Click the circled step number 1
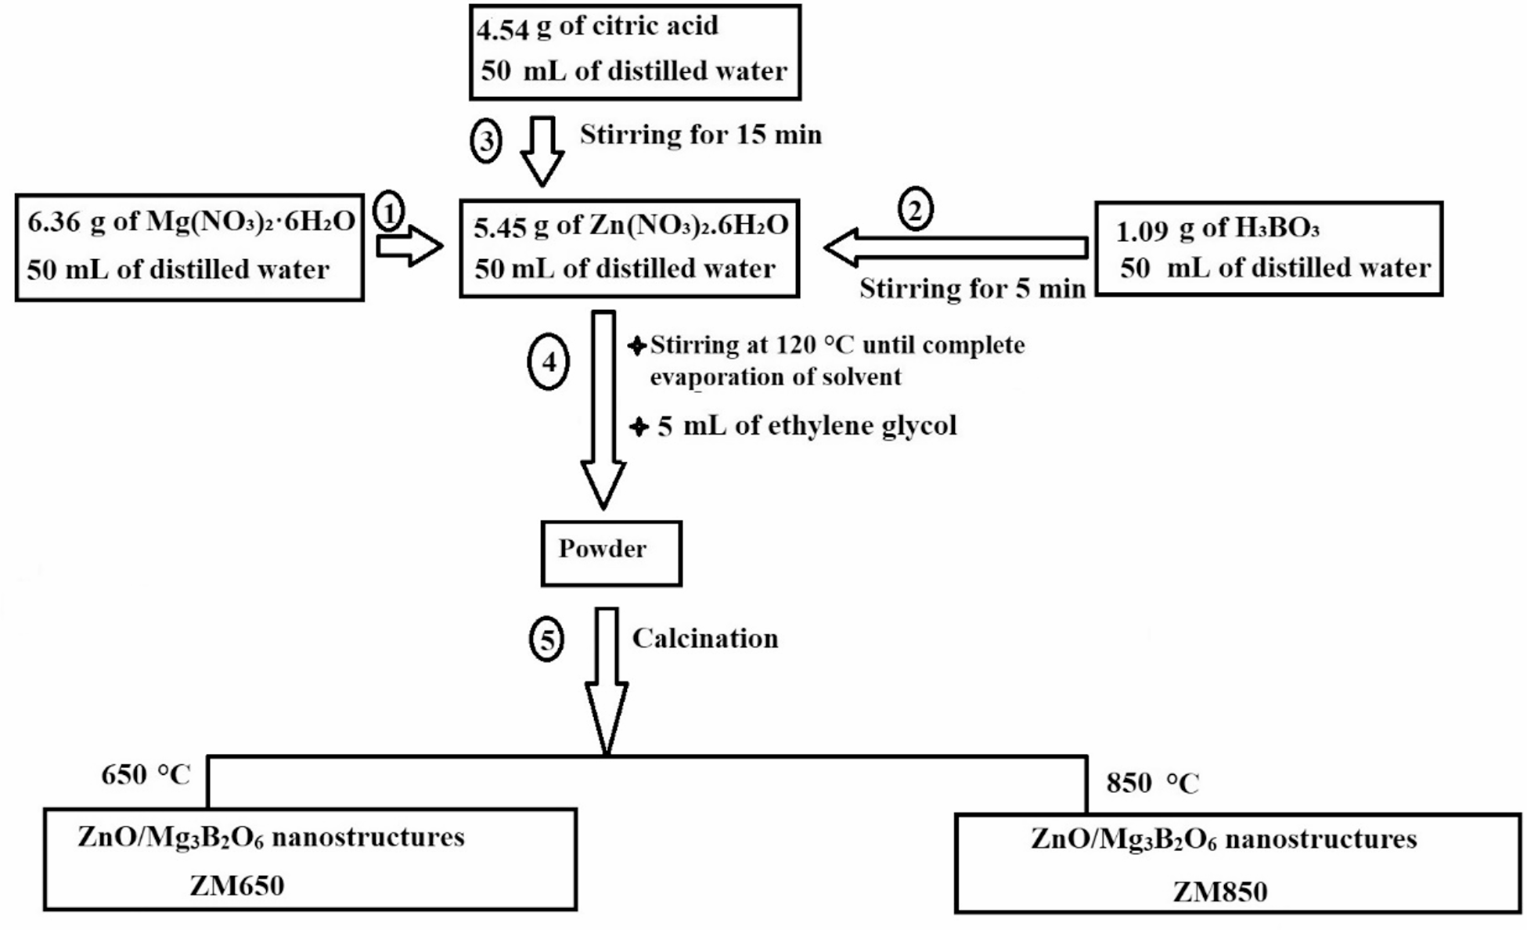click(389, 211)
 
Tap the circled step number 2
click(915, 208)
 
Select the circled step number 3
click(486, 142)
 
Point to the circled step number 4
click(549, 362)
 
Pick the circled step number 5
click(546, 640)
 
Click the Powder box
click(610, 553)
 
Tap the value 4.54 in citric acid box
click(503, 30)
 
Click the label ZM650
click(236, 886)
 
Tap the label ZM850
click(1219, 892)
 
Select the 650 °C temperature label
click(146, 775)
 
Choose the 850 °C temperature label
click(1152, 783)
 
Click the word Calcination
click(704, 639)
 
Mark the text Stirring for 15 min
click(700, 135)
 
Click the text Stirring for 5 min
click(972, 289)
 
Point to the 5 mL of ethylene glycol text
click(806, 426)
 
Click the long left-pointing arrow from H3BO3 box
click(955, 247)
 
